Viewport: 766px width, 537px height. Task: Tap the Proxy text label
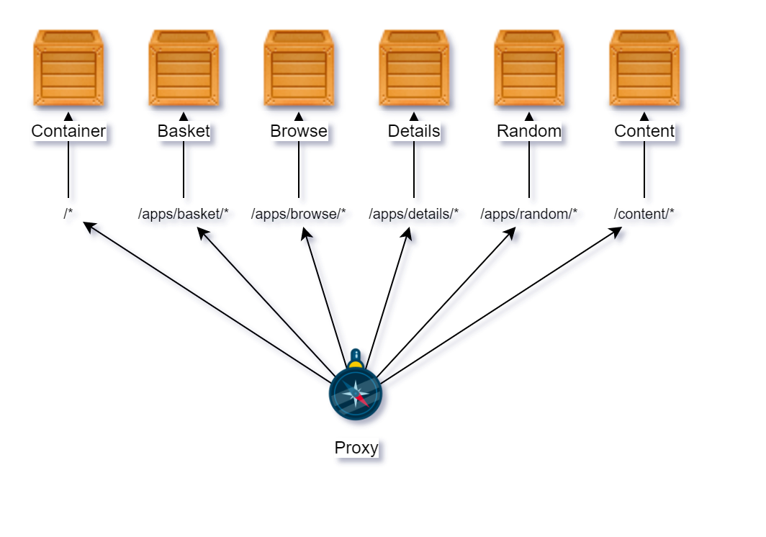[x=356, y=448]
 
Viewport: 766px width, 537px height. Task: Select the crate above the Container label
[x=68, y=68]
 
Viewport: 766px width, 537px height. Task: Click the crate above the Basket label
[x=184, y=68]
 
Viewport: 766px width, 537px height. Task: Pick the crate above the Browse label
[x=299, y=68]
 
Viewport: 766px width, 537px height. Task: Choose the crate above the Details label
[x=414, y=68]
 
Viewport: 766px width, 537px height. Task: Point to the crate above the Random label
[x=529, y=68]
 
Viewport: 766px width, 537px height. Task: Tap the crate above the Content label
[x=644, y=68]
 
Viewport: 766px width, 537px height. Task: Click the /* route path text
[x=68, y=214]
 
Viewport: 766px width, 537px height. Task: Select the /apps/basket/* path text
[x=184, y=214]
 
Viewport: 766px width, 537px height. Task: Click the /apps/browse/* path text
[x=299, y=214]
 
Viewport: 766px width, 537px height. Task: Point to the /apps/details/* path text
[x=414, y=214]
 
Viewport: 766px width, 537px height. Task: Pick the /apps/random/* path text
[x=529, y=214]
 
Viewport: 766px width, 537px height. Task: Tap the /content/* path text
[x=644, y=214]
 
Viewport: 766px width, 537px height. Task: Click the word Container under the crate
[x=68, y=131]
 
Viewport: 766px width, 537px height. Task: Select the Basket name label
[x=184, y=131]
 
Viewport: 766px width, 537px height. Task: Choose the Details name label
[x=414, y=131]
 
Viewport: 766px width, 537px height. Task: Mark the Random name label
[x=529, y=131]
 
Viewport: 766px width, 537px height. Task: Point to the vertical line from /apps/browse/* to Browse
[x=299, y=169]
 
